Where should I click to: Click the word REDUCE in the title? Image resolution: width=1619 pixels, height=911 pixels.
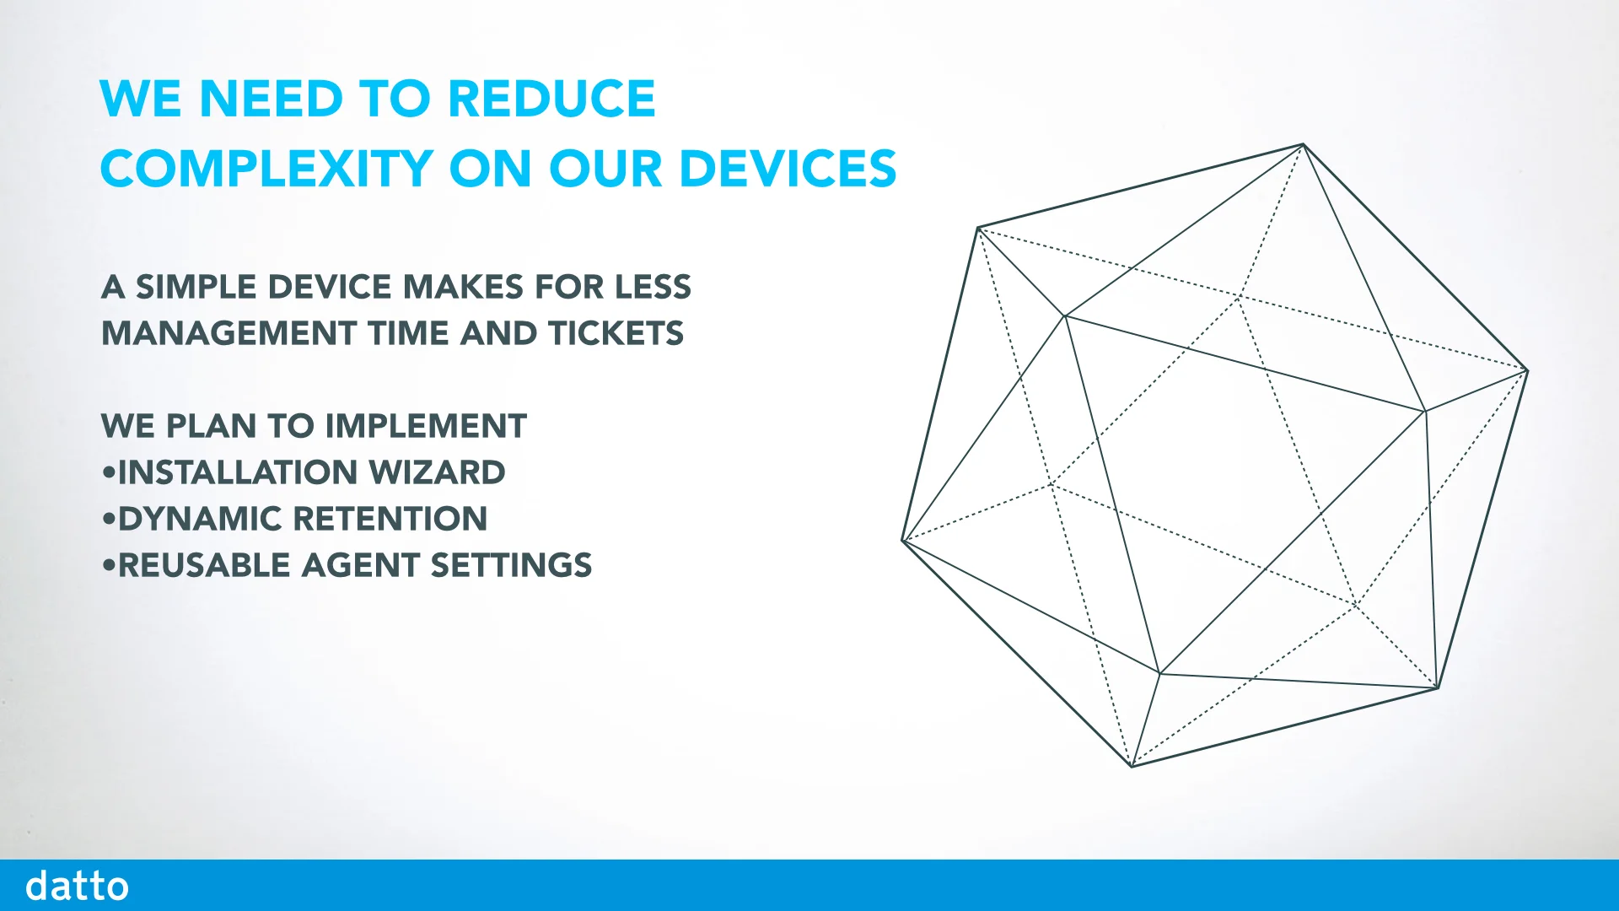point(551,99)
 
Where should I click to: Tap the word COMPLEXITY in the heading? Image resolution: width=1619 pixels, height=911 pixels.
point(266,169)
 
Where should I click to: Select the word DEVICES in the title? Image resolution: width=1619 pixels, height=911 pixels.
point(788,169)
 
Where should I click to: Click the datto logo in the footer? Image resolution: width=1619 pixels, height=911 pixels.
point(77,886)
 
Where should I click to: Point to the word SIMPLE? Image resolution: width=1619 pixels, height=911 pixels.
point(196,287)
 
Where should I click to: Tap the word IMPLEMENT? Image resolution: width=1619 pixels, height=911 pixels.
point(426,426)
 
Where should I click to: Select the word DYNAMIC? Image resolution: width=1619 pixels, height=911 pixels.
point(199,519)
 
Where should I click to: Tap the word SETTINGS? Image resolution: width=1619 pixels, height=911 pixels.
point(511,565)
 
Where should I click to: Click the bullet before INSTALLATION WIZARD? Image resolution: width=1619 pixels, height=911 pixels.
point(108,472)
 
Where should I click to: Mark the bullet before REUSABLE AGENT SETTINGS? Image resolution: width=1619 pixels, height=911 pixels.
point(108,565)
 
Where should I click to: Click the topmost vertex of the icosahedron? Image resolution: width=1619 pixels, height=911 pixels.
point(1304,145)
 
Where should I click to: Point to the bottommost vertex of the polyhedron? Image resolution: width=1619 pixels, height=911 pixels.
point(1132,766)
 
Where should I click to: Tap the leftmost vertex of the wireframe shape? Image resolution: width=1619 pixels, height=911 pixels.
point(903,541)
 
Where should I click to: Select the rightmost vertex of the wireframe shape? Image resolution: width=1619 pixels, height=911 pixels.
point(1527,370)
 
